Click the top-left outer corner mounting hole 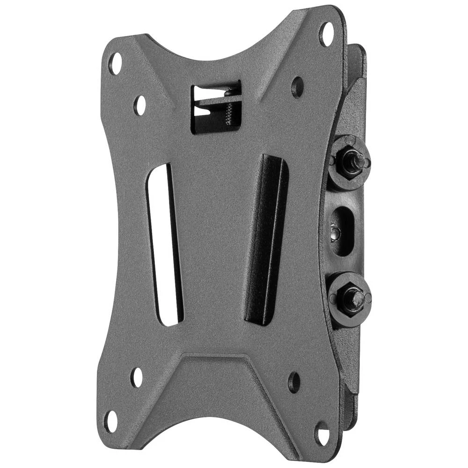pos(115,64)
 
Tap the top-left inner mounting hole pos(139,105)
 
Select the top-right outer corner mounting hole pos(326,34)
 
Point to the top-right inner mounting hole pos(297,87)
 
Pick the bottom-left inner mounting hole pos(136,377)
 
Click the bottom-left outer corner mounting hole pos(111,421)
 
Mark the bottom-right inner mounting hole pos(294,382)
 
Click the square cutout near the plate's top pos(216,107)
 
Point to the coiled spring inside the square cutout pos(228,113)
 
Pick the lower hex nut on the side pos(350,299)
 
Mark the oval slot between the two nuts pos(343,231)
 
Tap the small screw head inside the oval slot pos(334,232)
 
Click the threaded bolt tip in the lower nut pos(356,296)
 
